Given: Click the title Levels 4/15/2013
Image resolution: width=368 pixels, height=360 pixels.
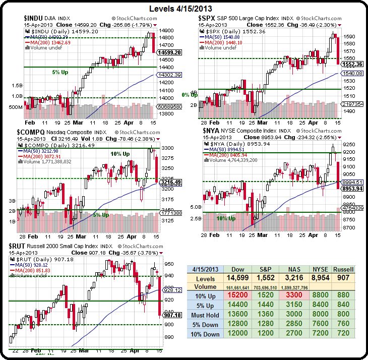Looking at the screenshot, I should click(x=184, y=9).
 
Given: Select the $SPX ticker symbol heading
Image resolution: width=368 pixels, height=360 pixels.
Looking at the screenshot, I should click(x=208, y=19).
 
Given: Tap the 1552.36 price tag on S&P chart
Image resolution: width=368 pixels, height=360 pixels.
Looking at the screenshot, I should click(x=352, y=64).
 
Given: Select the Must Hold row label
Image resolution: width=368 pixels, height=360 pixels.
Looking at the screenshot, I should click(x=206, y=316).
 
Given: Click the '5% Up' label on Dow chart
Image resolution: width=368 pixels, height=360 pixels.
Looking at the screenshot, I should click(x=61, y=72).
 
